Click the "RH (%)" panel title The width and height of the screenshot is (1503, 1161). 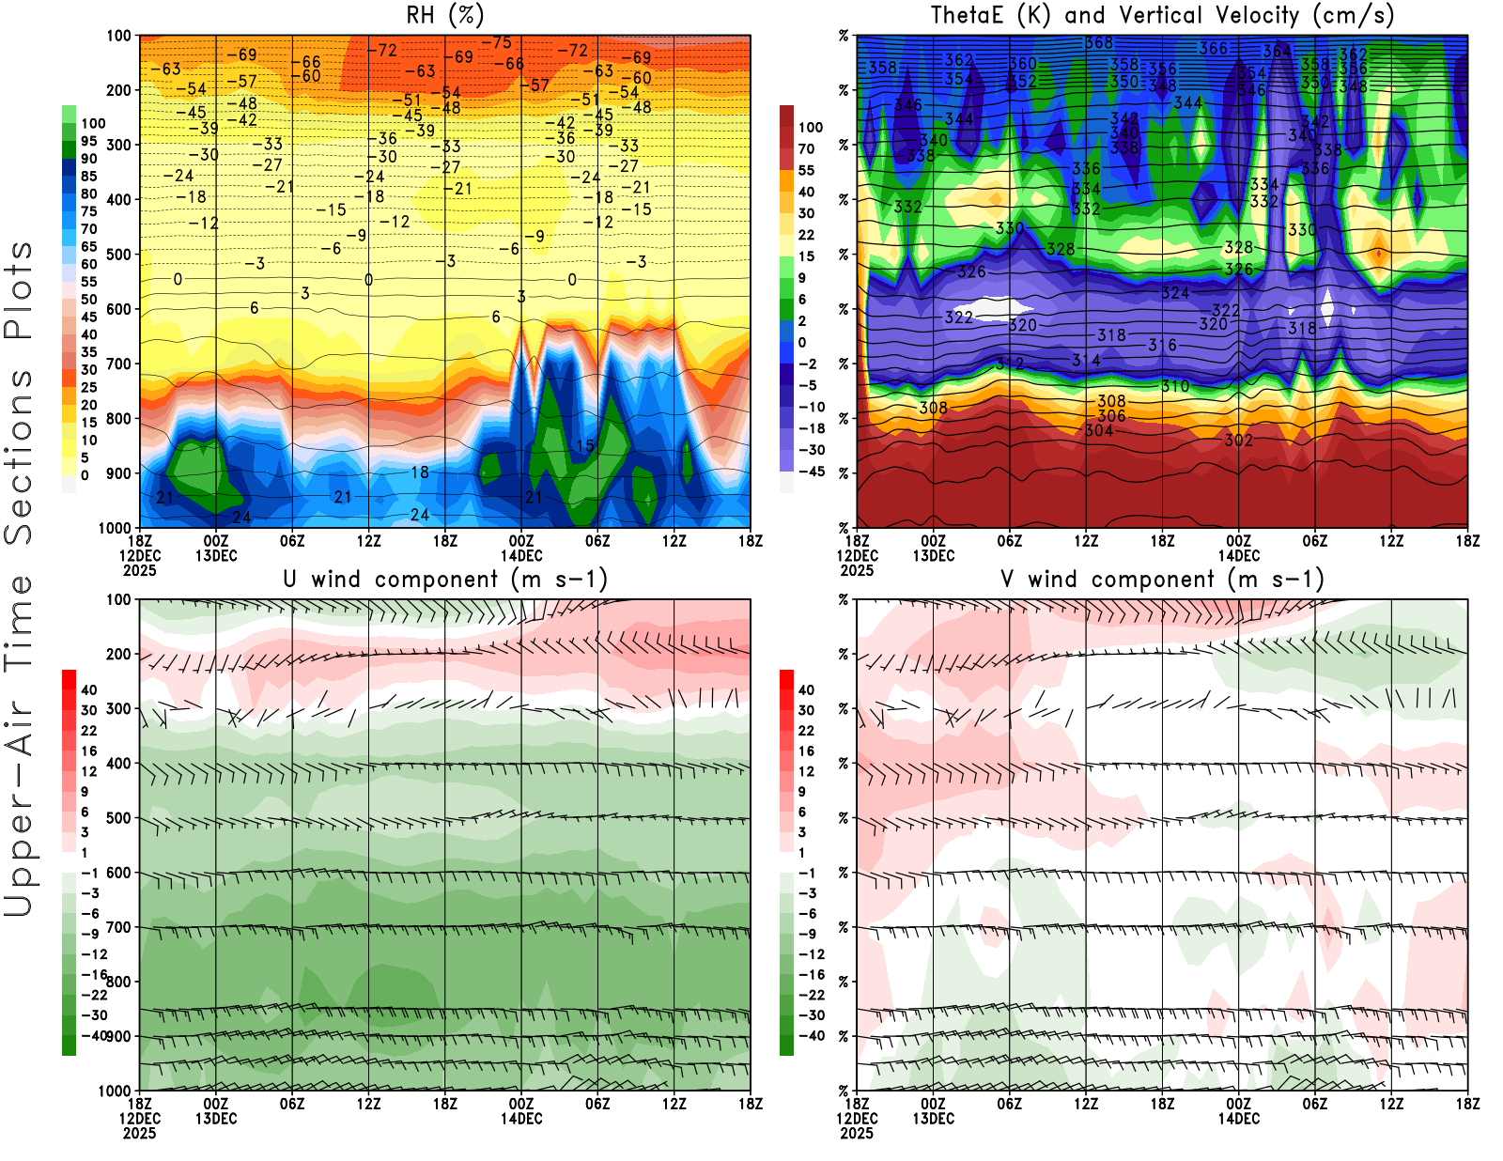coord(444,15)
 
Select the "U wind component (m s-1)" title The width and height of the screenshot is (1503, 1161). coord(444,579)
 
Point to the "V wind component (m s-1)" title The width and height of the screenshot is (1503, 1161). coord(1162,579)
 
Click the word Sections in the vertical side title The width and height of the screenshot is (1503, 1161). coord(19,456)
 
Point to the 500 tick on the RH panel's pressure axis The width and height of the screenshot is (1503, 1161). coord(119,255)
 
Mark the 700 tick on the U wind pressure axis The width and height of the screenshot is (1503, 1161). coord(119,927)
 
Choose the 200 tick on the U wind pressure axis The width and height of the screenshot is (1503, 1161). coord(119,654)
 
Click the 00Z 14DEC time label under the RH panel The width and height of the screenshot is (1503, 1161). coord(521,548)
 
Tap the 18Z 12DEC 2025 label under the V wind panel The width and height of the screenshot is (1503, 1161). coord(857,1118)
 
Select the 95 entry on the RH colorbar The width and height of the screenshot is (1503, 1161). coord(88,141)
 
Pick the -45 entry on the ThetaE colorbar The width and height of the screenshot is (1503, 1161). coord(812,472)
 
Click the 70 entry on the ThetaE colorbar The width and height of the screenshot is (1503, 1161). coord(806,148)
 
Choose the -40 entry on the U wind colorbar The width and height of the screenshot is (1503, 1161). coord(93,1035)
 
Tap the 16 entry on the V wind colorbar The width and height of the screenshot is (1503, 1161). coord(806,751)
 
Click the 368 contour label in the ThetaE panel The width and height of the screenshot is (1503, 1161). coord(1098,42)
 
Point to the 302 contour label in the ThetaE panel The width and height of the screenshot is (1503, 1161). coord(1238,440)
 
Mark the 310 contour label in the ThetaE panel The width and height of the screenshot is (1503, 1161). coord(1174,386)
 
